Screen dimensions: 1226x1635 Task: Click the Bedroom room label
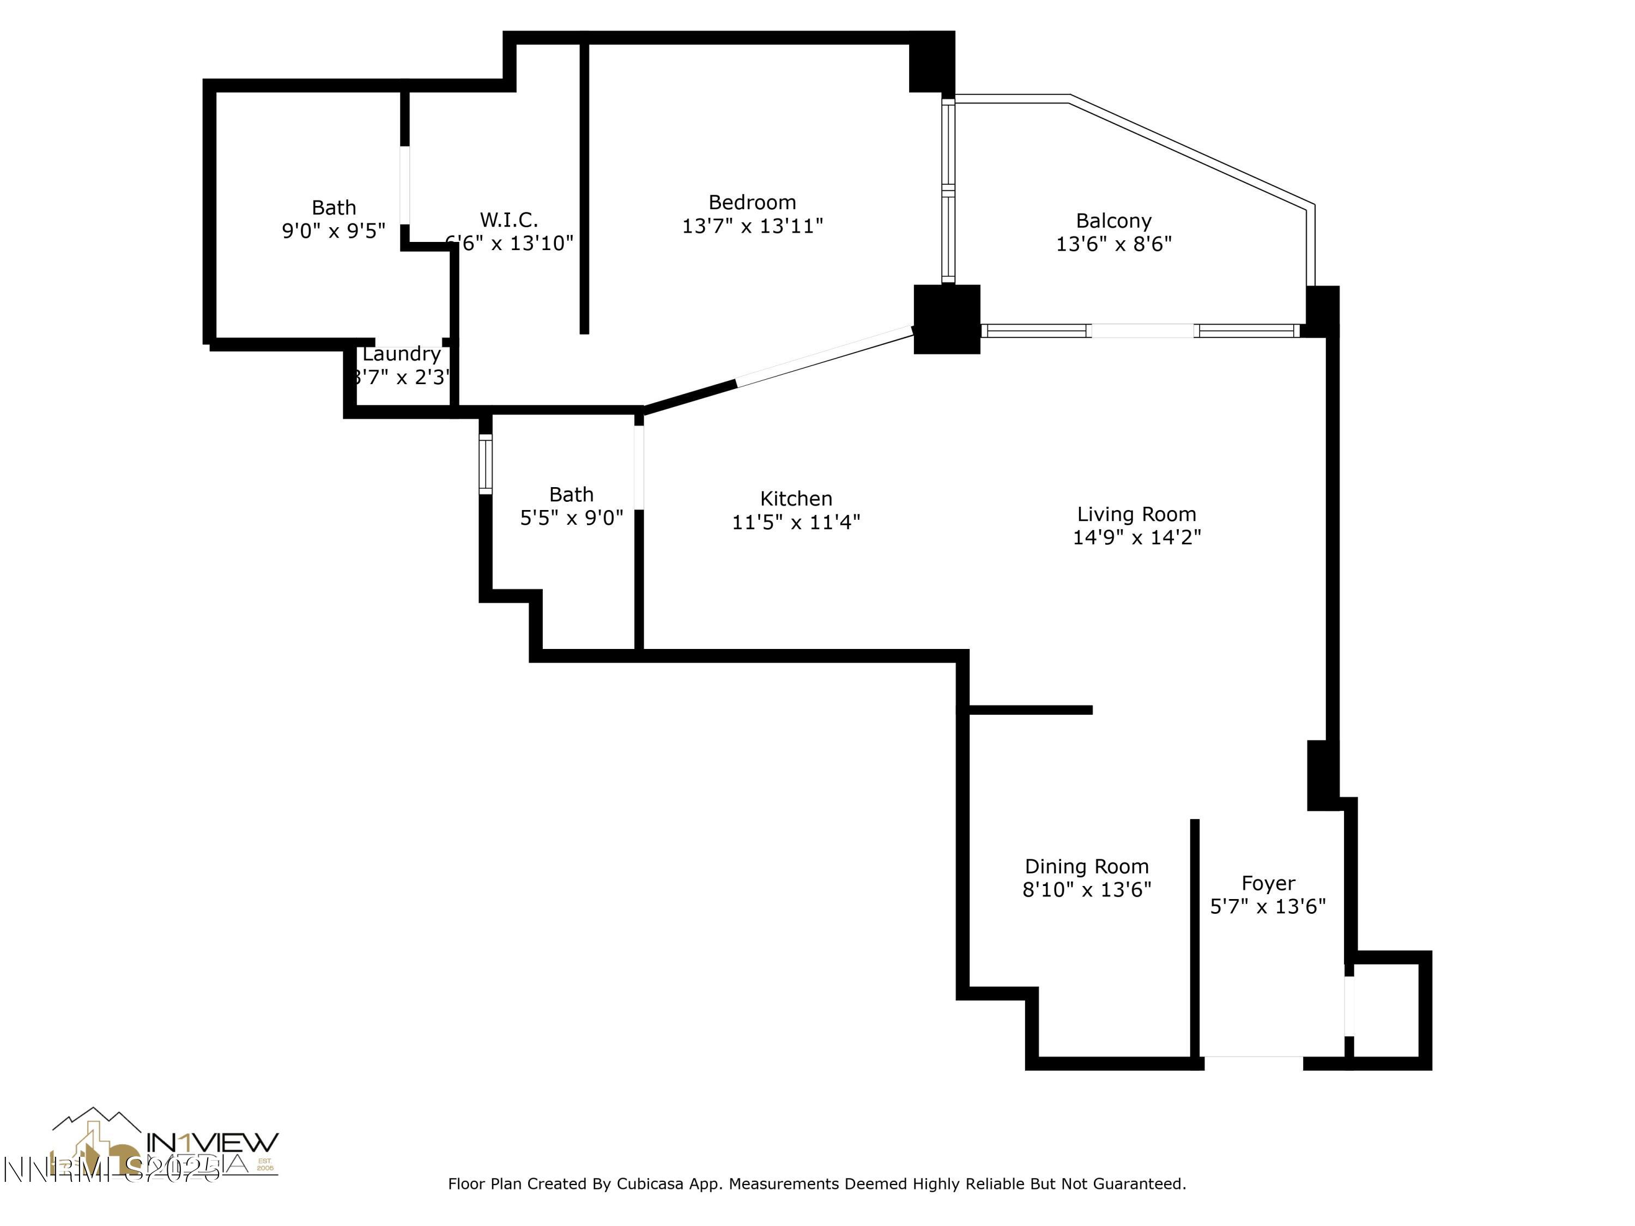click(752, 203)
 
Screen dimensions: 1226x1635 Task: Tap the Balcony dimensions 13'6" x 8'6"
click(1113, 244)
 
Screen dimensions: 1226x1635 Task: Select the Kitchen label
click(796, 499)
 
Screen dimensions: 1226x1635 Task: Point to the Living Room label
click(1136, 514)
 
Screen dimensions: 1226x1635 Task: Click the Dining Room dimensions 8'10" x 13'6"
click(1087, 890)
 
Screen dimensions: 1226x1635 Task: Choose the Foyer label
click(1268, 883)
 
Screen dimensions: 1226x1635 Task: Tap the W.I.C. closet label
click(508, 220)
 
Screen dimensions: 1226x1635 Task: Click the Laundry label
click(401, 354)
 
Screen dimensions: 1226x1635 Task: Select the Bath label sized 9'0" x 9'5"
click(334, 208)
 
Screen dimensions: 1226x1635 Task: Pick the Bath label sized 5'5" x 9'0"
click(571, 494)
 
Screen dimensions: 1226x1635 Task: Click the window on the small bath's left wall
click(486, 464)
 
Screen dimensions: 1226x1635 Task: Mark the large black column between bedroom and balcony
click(947, 319)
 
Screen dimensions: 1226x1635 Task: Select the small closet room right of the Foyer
click(1385, 1010)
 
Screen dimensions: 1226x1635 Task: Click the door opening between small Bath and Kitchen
click(639, 467)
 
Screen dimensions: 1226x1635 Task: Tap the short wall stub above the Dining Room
click(1031, 710)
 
